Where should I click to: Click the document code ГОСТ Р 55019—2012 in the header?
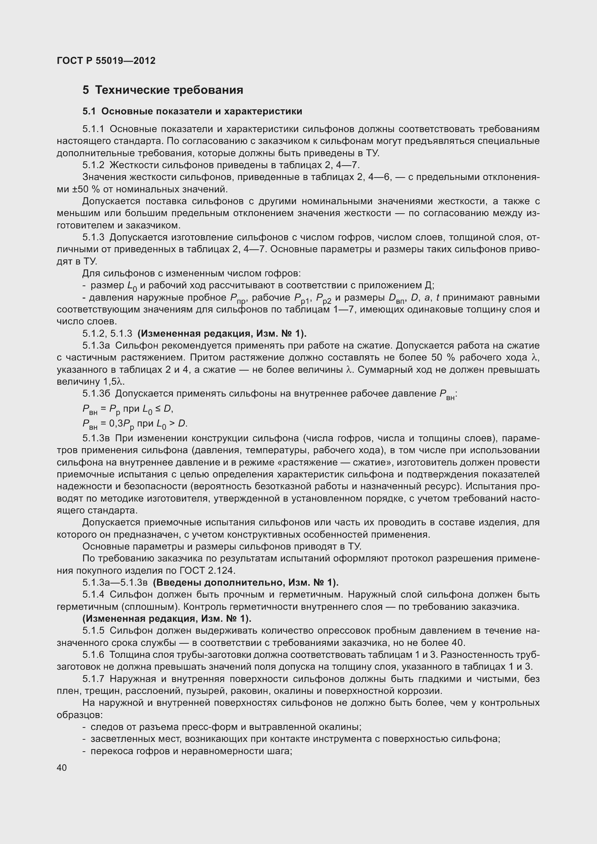coord(106,61)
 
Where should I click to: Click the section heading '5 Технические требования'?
coord(163,90)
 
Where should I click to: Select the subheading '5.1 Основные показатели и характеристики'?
coord(192,111)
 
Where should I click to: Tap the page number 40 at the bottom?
coord(62,768)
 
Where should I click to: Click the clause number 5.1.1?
coord(93,129)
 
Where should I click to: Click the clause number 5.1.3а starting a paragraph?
coord(96,346)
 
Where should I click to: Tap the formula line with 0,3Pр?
coord(135,424)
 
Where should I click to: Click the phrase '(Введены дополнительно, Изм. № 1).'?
coord(245,583)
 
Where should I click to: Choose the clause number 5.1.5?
coord(93,631)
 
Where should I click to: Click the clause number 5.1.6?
coord(93,655)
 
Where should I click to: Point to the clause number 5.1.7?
coord(93,679)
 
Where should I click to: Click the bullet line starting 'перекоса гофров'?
coord(191,751)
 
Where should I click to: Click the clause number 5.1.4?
coord(93,594)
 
